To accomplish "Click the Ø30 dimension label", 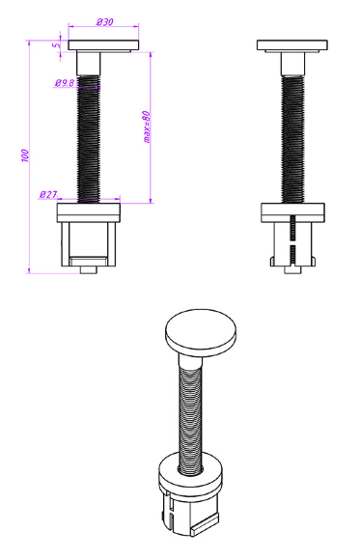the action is click(x=104, y=22).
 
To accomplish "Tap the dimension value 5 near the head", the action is click(x=55, y=45).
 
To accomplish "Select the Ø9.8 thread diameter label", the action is click(x=65, y=83).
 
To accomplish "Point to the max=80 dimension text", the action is click(x=147, y=126).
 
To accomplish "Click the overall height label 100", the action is click(x=25, y=155).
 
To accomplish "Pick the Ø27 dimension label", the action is click(x=48, y=195).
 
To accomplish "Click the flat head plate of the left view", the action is click(x=103, y=45).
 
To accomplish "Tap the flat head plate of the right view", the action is click(x=292, y=45).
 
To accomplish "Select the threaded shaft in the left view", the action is click(x=89, y=139).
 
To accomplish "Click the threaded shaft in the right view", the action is click(x=292, y=139).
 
